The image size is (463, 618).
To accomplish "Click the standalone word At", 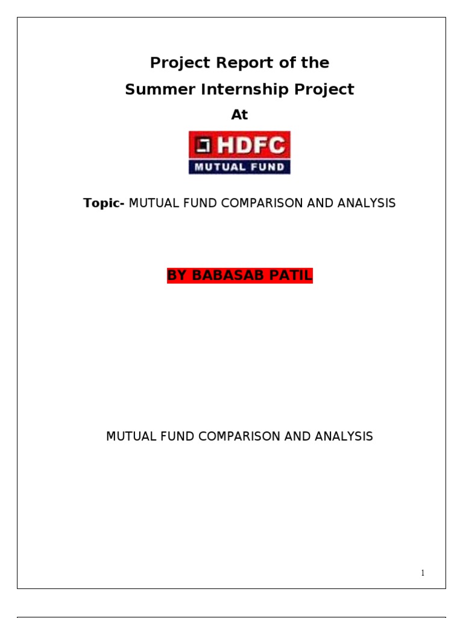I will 240,115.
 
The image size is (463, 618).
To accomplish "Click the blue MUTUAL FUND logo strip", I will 240,167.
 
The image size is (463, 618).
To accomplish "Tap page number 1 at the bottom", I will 423,573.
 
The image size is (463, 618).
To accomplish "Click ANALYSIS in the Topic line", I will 367,203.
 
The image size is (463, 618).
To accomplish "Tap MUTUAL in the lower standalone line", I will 128,436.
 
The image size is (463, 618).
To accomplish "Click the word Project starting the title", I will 178,63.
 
